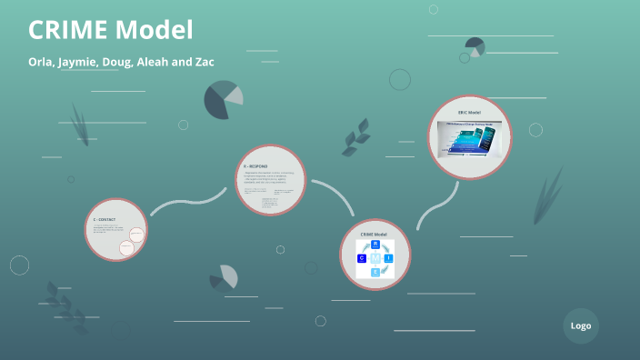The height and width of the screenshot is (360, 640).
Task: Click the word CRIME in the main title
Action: [x=67, y=30]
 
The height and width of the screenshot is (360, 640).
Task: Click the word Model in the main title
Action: [x=154, y=30]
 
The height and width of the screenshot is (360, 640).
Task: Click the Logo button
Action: [x=581, y=325]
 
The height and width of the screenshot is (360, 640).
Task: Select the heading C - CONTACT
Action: [x=105, y=220]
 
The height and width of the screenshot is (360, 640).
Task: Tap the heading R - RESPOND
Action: [x=256, y=168]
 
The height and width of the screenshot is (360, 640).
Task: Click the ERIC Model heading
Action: [x=469, y=113]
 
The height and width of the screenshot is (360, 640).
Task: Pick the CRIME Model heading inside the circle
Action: [x=375, y=235]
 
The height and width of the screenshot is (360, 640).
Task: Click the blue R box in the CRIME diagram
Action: [x=375, y=245]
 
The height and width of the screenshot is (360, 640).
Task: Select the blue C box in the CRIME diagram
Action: [x=361, y=259]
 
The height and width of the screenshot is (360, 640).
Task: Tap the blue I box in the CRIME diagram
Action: [x=389, y=259]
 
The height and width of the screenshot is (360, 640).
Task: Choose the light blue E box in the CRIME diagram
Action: [x=375, y=272]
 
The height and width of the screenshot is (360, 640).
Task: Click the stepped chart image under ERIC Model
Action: [x=470, y=139]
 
